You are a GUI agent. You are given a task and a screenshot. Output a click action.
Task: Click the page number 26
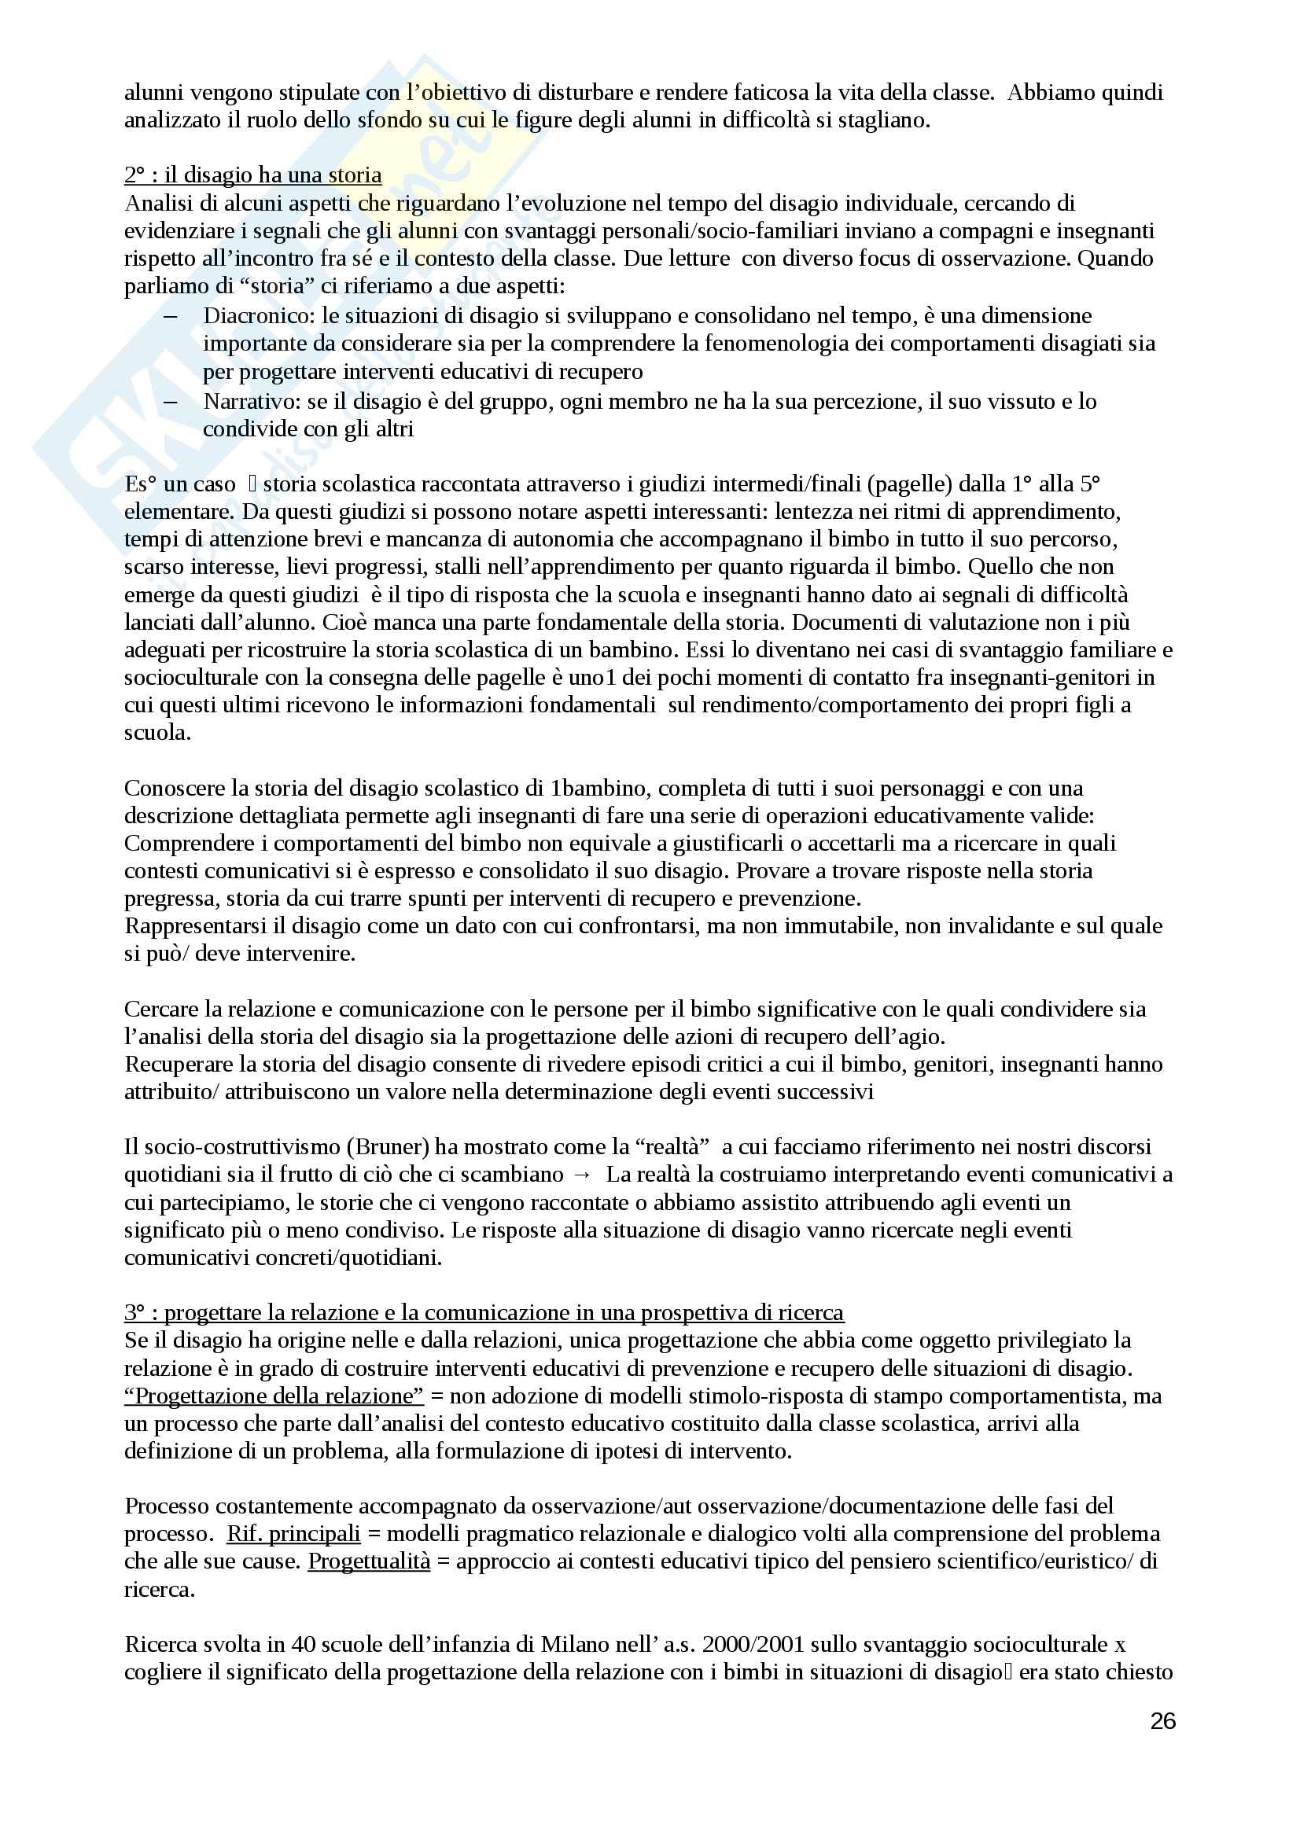click(1162, 1720)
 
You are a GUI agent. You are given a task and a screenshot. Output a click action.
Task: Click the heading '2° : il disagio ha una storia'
click(252, 175)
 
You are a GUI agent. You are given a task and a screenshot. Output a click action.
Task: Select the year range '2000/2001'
click(752, 1644)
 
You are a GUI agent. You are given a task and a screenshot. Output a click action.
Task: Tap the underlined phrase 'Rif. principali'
click(294, 1533)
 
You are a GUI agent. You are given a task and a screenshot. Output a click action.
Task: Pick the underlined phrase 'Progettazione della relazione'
click(274, 1396)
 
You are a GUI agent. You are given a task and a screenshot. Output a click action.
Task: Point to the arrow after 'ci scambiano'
click(582, 1175)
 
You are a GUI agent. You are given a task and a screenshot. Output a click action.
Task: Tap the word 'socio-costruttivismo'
click(241, 1147)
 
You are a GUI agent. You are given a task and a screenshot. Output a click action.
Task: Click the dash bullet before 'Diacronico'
click(170, 315)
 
